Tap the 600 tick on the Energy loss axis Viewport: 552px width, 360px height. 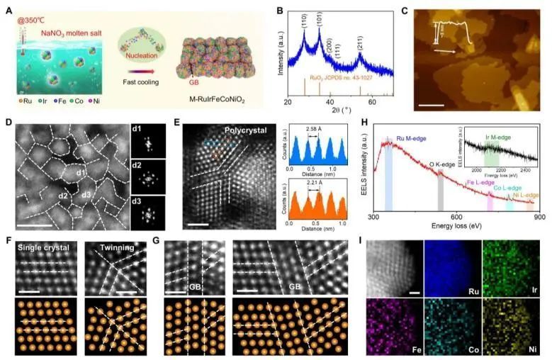tap(457, 216)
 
